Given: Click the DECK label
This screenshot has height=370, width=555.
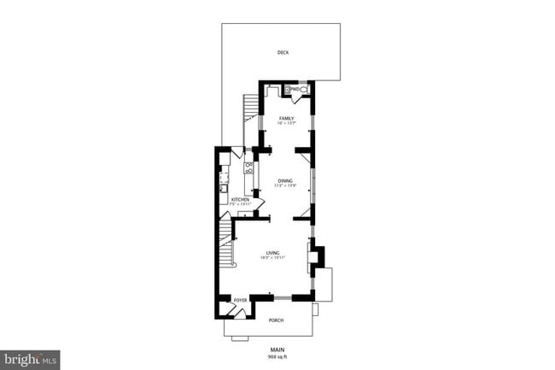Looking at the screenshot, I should click(x=283, y=52).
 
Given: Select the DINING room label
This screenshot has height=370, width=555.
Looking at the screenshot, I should click(x=284, y=180).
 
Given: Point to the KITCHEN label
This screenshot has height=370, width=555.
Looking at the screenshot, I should click(x=240, y=200).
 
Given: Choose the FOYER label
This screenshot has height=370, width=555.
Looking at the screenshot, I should click(x=241, y=301).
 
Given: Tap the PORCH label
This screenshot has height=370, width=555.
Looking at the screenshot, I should click(x=276, y=320).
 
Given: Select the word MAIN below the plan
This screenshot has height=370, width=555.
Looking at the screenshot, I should click(x=277, y=349).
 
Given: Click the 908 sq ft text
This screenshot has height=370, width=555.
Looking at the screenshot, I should click(x=277, y=355).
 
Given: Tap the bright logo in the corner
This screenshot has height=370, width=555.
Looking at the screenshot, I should click(x=31, y=360).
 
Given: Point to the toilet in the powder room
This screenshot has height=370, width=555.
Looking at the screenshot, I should click(x=303, y=88).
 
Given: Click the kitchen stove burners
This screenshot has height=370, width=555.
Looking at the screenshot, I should click(x=249, y=167).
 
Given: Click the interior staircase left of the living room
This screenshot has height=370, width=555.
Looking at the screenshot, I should click(x=225, y=249).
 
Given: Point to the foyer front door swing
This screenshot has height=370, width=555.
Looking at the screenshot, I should click(x=238, y=312).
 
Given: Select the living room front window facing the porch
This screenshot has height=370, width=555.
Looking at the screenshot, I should click(x=282, y=297).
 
